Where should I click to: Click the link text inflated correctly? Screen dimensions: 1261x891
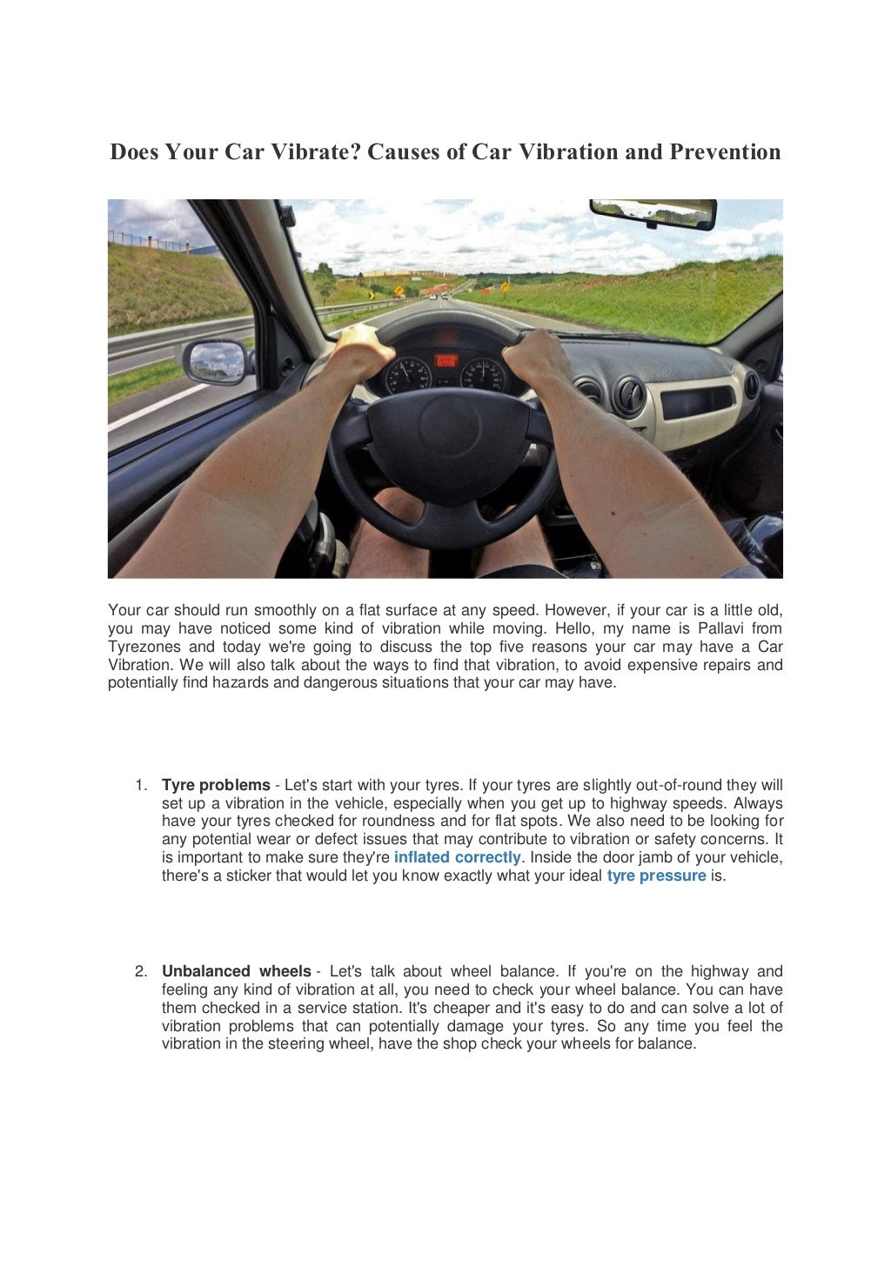457,857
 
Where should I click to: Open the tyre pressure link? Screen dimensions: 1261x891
656,875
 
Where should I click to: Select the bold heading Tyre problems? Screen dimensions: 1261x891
216,785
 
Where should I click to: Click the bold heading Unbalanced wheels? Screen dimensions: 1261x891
237,971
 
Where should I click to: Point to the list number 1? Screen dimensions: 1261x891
140,785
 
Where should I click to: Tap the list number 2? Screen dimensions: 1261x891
140,971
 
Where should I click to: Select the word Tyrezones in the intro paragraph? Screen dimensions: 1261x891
143,647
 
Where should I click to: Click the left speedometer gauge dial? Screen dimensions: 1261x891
406,376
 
